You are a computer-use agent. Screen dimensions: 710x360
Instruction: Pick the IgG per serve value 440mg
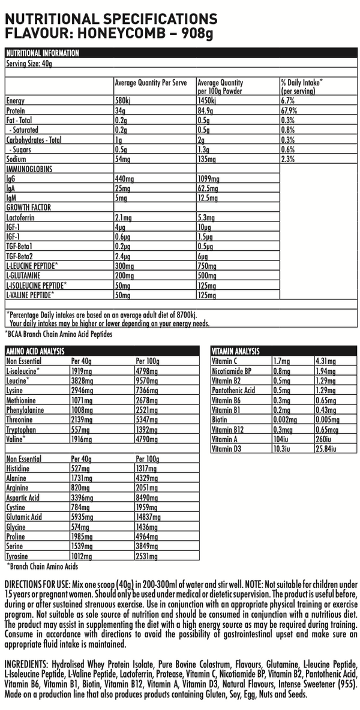coord(125,179)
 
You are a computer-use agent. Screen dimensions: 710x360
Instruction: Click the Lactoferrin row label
coord(20,217)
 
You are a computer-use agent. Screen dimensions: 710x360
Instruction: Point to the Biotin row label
coord(220,419)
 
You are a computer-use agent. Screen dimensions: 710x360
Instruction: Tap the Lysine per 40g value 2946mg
coord(82,390)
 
